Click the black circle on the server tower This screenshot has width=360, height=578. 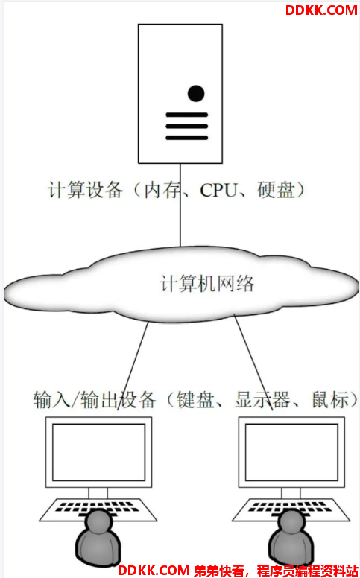coord(196,93)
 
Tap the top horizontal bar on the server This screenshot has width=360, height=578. coord(186,115)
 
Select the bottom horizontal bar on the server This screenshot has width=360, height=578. coord(186,138)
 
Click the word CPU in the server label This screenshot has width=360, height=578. coord(218,191)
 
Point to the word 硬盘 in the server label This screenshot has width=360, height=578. coord(277,190)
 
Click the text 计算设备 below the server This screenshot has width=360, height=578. coord(85,190)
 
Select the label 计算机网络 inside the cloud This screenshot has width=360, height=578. coord(207,284)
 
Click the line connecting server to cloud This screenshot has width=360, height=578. coord(180,205)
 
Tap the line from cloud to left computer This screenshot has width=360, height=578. coord(133,366)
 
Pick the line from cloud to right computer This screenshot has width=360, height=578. coord(253,362)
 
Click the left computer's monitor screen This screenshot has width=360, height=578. coord(98,452)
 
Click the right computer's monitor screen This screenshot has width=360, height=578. coord(291,452)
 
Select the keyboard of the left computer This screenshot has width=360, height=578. coord(98,509)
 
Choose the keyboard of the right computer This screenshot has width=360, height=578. coord(291,509)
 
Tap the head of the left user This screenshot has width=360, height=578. coord(98,521)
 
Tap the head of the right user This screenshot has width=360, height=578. coord(291,521)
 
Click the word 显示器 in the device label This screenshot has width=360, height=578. coord(262,399)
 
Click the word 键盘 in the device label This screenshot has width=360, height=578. coord(195,399)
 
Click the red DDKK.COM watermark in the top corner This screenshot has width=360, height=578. coord(321,10)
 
